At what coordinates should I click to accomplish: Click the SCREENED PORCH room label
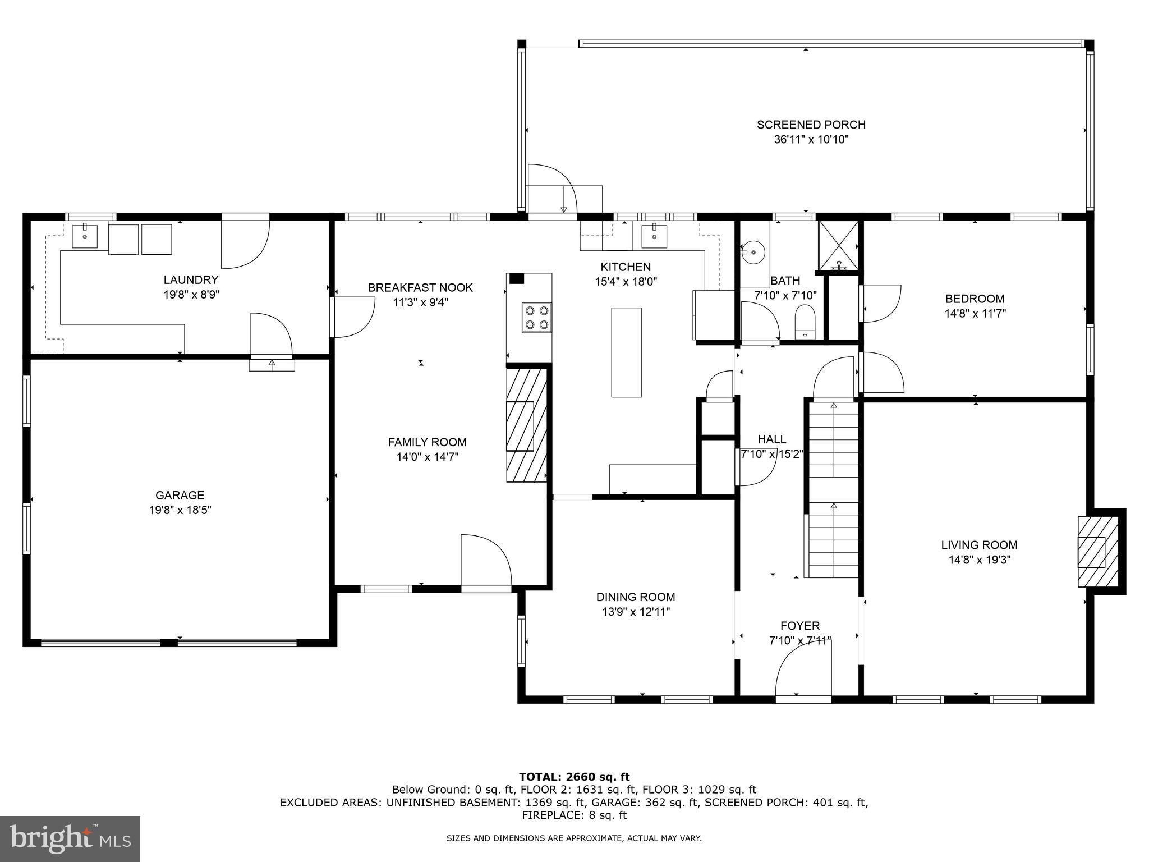[811, 125]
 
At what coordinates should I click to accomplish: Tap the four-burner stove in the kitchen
[536, 318]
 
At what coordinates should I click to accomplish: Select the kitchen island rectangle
[626, 352]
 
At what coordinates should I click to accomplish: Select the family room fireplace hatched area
[527, 424]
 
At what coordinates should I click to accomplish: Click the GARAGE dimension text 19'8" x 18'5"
[180, 510]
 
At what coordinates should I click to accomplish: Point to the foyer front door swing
[802, 668]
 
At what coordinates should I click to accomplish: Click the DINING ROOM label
[635, 597]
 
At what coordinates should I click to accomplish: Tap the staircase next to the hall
[833, 488]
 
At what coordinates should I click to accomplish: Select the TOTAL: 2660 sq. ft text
[574, 777]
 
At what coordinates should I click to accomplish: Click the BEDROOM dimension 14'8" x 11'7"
[975, 313]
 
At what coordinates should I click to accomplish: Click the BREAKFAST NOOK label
[420, 287]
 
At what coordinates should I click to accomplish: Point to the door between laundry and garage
[271, 336]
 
